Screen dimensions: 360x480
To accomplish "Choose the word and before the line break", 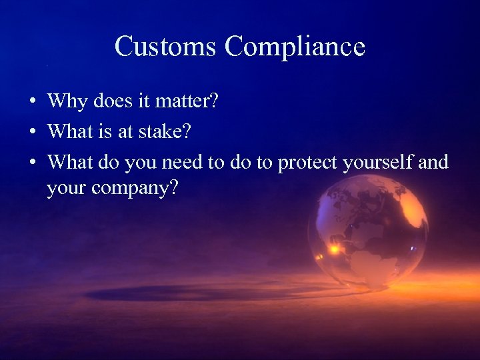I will click(x=434, y=162).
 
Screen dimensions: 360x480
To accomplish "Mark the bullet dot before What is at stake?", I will click(x=32, y=133).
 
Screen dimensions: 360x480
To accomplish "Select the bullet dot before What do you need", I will click(x=32, y=163).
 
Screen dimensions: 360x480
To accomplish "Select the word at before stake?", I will click(x=127, y=132).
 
